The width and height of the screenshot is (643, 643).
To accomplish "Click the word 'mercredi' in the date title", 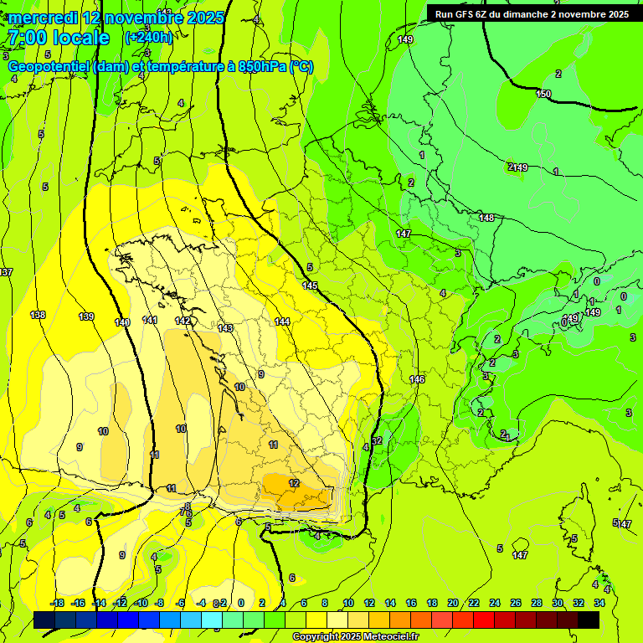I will click(x=44, y=18).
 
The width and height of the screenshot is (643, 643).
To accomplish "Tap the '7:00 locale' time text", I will click(x=58, y=38).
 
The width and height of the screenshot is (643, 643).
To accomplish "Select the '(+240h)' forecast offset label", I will click(x=148, y=38).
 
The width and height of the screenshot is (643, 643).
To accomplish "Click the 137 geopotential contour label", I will click(x=7, y=273).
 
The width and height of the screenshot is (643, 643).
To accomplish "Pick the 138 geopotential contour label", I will click(x=38, y=315).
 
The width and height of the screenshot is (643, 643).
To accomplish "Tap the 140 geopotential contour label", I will click(x=122, y=322).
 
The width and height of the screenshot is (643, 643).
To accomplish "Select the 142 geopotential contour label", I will click(x=183, y=321).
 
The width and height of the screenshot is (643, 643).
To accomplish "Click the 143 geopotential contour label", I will click(x=225, y=328).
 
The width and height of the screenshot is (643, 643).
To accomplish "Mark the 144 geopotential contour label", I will click(x=282, y=321).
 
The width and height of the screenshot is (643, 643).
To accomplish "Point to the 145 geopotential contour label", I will click(x=310, y=286).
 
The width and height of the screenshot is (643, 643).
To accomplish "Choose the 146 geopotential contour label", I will click(x=417, y=379).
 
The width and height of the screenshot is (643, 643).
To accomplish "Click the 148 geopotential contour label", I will click(x=486, y=218).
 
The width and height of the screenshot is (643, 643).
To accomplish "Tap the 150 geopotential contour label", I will click(x=543, y=94).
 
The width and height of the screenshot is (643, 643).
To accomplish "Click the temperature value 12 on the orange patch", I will click(x=294, y=483).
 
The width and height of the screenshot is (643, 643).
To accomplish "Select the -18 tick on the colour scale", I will click(x=58, y=603).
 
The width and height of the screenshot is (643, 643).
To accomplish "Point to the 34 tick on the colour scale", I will click(x=599, y=603).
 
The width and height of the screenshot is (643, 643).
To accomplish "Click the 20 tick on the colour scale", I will click(x=452, y=603).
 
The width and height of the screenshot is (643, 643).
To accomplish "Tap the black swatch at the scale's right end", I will click(x=589, y=620).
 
